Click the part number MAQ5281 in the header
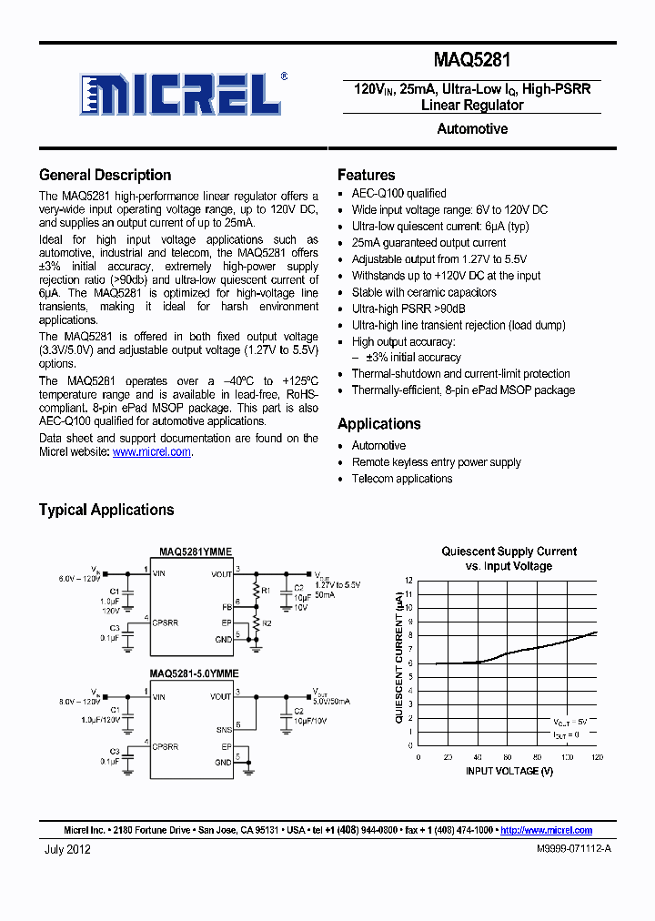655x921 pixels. point(471,61)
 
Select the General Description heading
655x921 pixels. point(105,175)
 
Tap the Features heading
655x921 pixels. point(366,175)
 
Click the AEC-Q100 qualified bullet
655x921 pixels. point(398,193)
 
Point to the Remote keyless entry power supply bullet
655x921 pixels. point(436,462)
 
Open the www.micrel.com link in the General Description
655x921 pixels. point(151,451)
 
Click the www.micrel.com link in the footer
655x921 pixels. point(546,830)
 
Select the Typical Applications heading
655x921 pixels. point(106,510)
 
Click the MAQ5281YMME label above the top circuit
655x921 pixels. point(195,552)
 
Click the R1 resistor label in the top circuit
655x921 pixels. point(266,591)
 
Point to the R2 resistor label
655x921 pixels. point(266,624)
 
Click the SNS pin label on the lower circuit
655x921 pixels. point(223,729)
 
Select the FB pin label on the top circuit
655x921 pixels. point(227,605)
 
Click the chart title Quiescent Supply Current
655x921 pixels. point(509,552)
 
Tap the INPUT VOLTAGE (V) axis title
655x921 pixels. point(509,771)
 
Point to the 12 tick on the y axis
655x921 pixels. point(409,580)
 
